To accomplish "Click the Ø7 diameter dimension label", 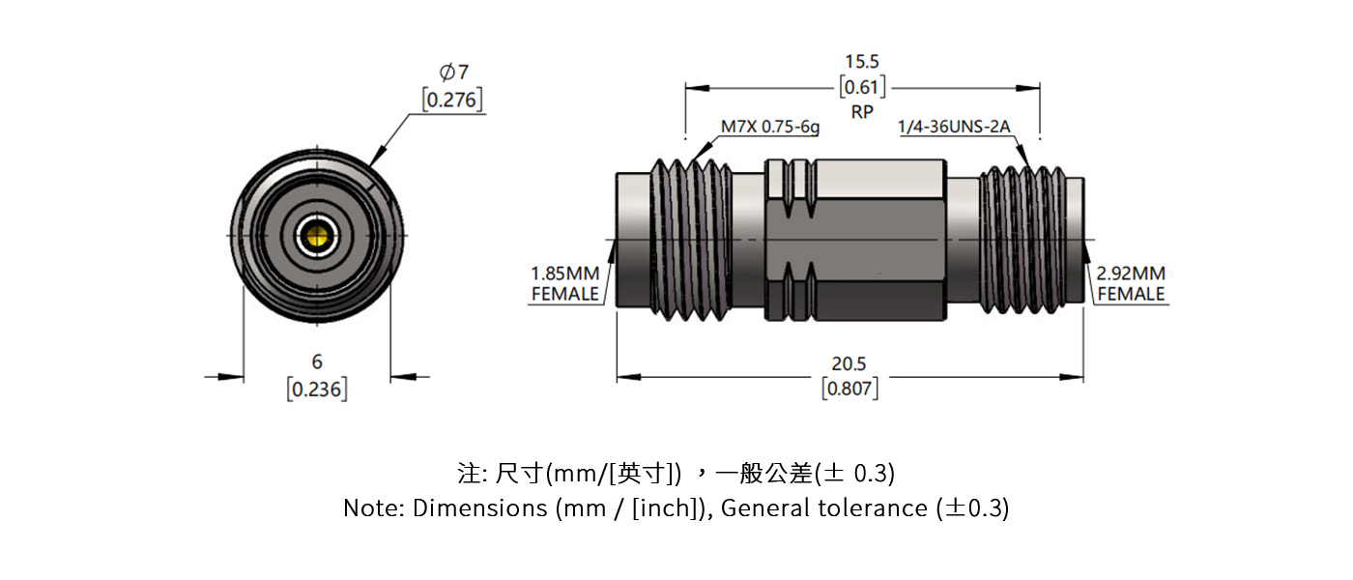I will coord(453,72).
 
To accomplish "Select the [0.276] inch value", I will coord(452,100).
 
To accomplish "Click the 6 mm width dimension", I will coord(317,362).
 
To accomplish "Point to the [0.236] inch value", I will coord(317,390).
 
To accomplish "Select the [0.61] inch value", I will coord(862,88).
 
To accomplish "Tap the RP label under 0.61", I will coord(862,112).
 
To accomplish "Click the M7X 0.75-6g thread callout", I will coord(769,127).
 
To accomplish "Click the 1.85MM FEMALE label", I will coord(565,283).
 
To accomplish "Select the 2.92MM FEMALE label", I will coord(1132,283).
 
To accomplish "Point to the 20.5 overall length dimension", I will coord(849,363).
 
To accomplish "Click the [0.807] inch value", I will coord(849,389).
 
